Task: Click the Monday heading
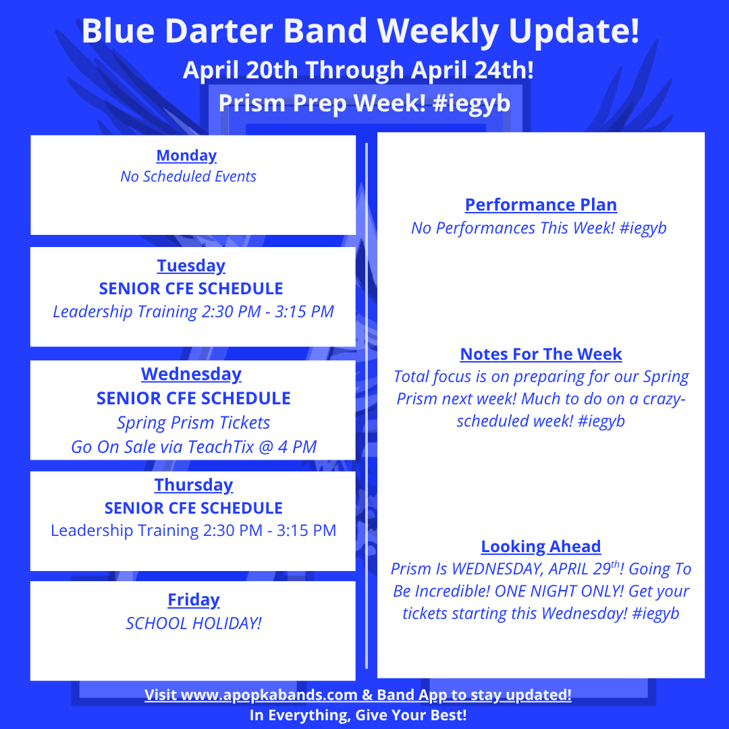coord(186,156)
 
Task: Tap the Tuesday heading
coord(191,266)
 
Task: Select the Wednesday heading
coord(191,374)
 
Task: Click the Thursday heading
coord(194,485)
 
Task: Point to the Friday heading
coord(194,600)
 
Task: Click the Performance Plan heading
coord(541,205)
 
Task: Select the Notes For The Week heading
coord(541,354)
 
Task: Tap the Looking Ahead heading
coord(541,546)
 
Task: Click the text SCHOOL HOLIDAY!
coord(194,623)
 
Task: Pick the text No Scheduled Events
coord(188,177)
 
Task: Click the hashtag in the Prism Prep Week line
coord(471,103)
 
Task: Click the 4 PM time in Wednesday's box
coord(297,447)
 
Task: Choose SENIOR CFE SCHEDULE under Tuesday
coord(191,289)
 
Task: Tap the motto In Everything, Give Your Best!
coord(358,715)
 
